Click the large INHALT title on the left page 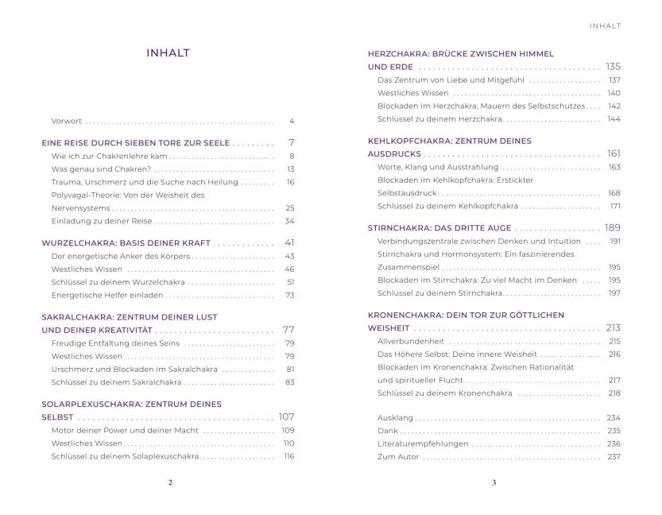(167, 54)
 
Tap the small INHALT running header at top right (604, 25)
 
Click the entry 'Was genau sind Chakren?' (101, 169)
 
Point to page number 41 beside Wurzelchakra (289, 242)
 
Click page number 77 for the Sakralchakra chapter (288, 329)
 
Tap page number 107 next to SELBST (286, 417)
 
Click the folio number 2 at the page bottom (169, 482)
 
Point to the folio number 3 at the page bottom (494, 482)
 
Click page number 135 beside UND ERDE (613, 66)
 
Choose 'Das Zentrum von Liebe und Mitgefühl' (451, 80)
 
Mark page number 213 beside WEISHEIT (613, 327)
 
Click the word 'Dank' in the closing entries (388, 431)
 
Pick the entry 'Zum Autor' (397, 457)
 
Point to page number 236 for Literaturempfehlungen (614, 443)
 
